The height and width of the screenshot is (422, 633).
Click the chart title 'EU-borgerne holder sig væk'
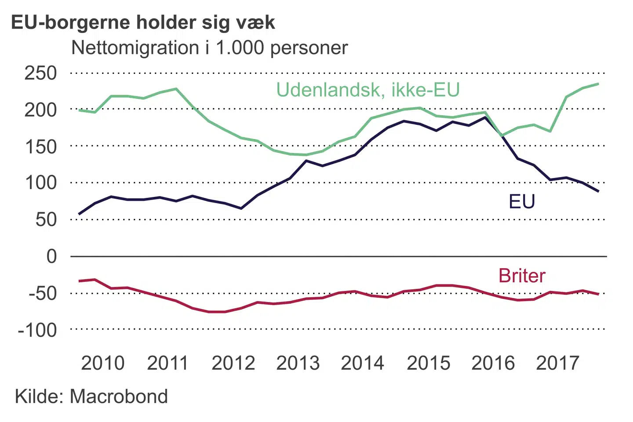143,23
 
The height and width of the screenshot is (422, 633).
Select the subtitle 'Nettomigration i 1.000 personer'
209,48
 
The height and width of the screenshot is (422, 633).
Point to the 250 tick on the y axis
41,73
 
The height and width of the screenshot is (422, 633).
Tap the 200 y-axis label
41,109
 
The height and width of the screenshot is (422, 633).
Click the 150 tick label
41,146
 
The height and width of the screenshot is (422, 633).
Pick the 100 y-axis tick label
41,183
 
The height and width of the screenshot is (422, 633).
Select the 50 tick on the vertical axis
46,219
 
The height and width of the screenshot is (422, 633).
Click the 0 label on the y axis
52,256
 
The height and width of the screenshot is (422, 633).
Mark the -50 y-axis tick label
43,293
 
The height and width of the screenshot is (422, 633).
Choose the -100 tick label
37,330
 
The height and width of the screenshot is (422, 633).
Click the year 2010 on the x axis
103,363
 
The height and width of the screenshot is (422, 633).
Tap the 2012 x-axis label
233,363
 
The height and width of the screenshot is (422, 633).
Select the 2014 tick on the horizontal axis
363,363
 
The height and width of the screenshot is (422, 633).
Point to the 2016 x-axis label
493,363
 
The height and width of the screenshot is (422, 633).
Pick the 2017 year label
558,363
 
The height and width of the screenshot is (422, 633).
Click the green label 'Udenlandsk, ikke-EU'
368,90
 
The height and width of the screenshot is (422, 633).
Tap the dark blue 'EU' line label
522,202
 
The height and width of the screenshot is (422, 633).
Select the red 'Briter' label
522,276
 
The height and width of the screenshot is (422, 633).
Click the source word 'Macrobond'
119,397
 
